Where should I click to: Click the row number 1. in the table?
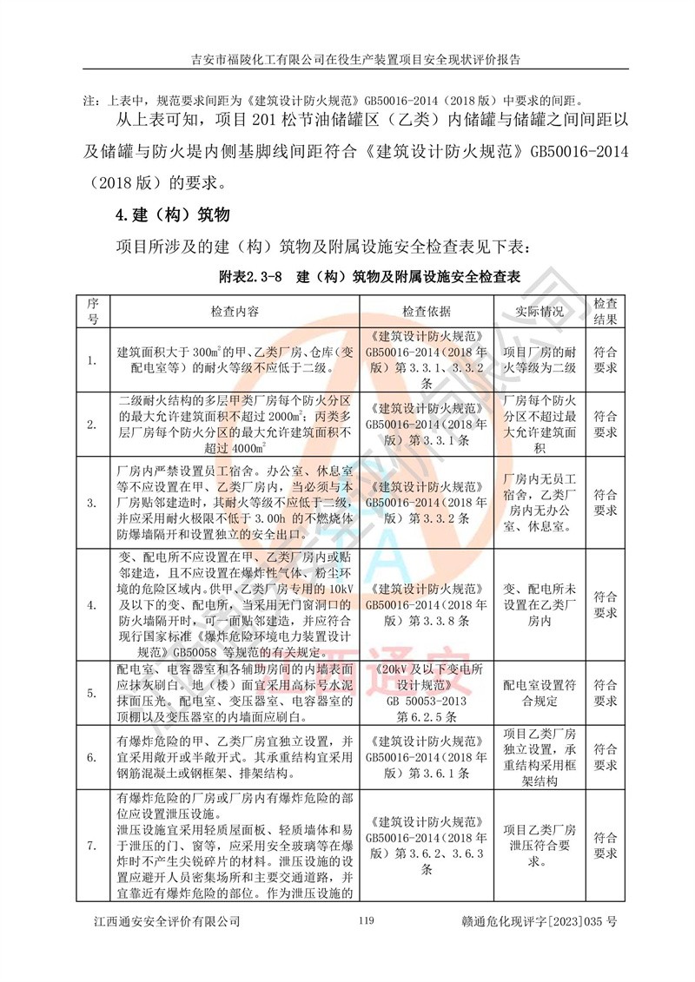(x=93, y=361)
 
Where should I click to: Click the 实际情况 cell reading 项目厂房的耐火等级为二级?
(x=539, y=361)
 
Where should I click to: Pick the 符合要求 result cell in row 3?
(x=605, y=502)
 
